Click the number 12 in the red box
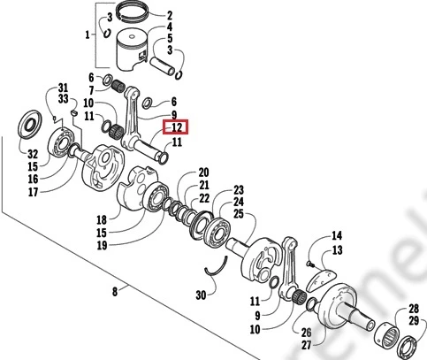[x=177, y=127]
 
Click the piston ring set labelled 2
[x=133, y=12]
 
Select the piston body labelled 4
[x=132, y=51]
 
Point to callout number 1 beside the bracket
[x=88, y=35]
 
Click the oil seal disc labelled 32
[x=30, y=124]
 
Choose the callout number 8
[x=115, y=292]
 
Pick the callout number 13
[x=337, y=250]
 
